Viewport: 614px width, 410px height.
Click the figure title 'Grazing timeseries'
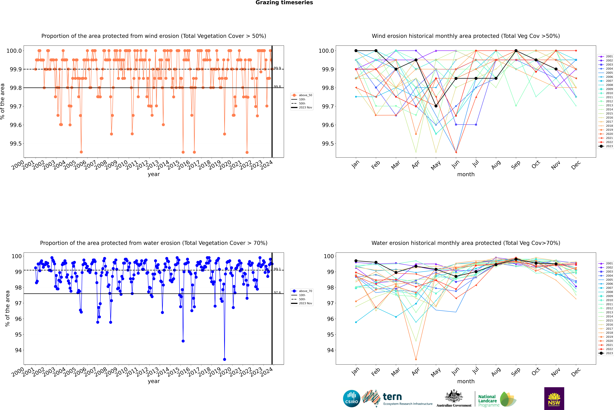pyautogui.click(x=284, y=3)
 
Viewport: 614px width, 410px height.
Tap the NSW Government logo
pyautogui.click(x=554, y=399)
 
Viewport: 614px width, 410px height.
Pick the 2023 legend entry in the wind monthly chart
pyautogui.click(x=606, y=146)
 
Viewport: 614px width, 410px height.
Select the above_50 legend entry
pyautogui.click(x=302, y=95)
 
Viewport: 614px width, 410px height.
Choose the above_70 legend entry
pyautogui.click(x=302, y=291)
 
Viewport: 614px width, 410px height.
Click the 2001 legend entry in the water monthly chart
pyautogui.click(x=606, y=263)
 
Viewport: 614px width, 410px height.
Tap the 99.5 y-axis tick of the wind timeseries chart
pyautogui.click(x=16, y=144)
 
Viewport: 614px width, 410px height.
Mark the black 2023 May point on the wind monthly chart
pyautogui.click(x=436, y=106)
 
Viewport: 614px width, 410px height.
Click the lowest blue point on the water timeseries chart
pyautogui.click(x=224, y=359)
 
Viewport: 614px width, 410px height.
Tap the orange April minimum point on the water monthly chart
pyautogui.click(x=416, y=359)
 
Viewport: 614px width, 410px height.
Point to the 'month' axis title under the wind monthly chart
pyautogui.click(x=466, y=174)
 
